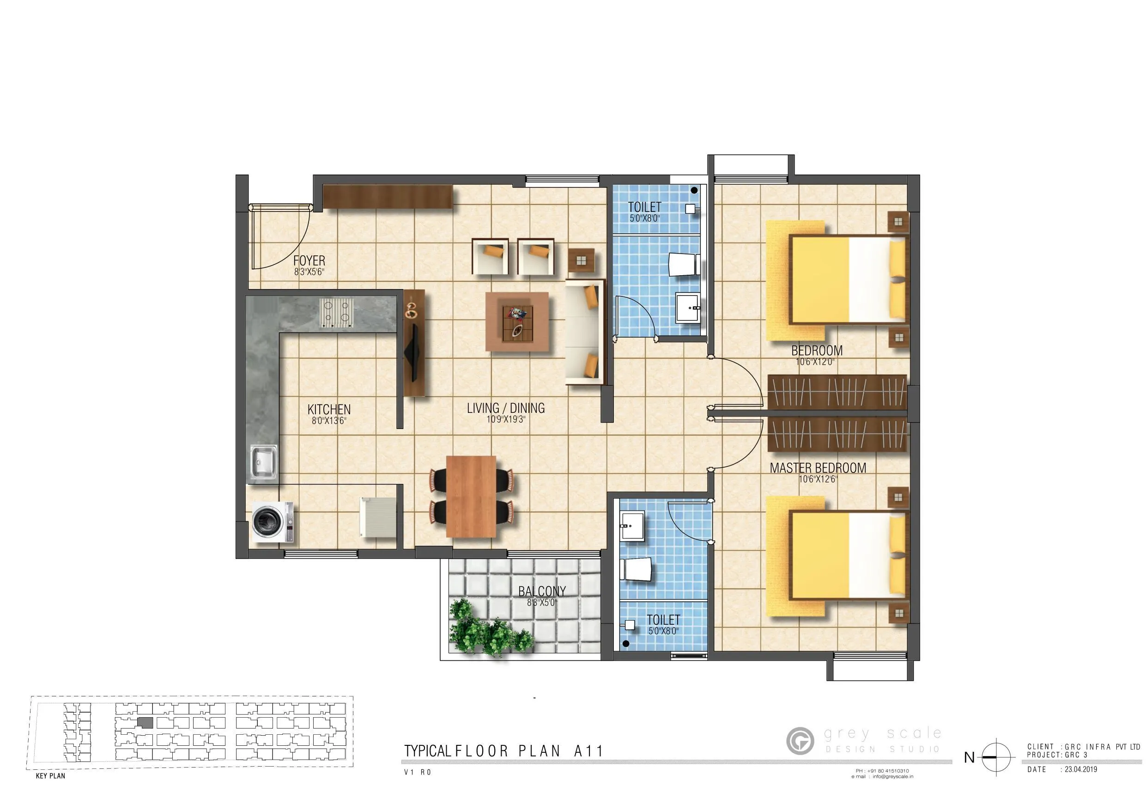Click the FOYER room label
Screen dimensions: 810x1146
point(309,260)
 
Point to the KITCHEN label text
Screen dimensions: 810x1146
point(329,409)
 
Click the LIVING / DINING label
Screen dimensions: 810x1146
point(506,408)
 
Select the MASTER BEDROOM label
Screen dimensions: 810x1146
point(818,468)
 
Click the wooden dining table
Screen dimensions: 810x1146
point(471,496)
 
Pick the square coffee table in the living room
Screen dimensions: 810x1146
point(517,322)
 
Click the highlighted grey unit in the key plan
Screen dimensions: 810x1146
point(145,723)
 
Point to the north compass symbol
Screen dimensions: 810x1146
point(996,757)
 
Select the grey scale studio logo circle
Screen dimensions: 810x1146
point(800,741)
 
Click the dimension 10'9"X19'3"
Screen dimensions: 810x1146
point(506,419)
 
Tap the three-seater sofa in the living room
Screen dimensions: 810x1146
point(584,332)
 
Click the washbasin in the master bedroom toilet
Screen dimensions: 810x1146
point(632,525)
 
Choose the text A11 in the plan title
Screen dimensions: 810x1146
point(588,751)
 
